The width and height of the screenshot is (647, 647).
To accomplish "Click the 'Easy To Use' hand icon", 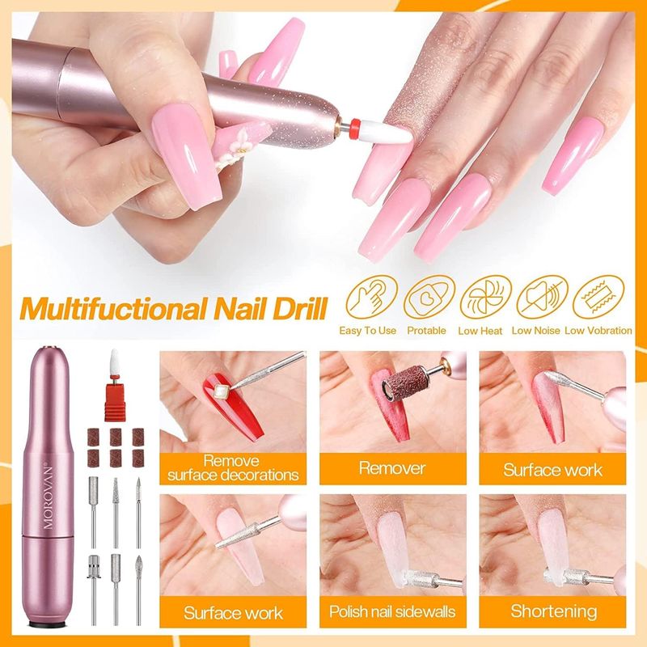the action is pyautogui.click(x=371, y=296).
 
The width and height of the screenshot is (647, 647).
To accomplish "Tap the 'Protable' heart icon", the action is pyautogui.click(x=429, y=296).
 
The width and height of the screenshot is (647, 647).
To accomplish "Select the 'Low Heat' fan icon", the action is pyautogui.click(x=485, y=296).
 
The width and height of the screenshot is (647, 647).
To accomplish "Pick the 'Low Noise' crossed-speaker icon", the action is pyautogui.click(x=542, y=296).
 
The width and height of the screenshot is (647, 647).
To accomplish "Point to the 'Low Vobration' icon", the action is pyautogui.click(x=598, y=296).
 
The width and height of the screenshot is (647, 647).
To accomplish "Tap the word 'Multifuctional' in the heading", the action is pyautogui.click(x=112, y=309).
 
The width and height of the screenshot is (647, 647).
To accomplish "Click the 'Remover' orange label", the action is pyautogui.click(x=392, y=468).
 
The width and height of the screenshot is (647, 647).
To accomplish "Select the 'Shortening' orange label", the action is pyautogui.click(x=552, y=611).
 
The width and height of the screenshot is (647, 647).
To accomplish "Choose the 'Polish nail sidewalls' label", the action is pyautogui.click(x=392, y=611).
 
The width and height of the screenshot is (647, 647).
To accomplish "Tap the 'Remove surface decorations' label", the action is pyautogui.click(x=233, y=468).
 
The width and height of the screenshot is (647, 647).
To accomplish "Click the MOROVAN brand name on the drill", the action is pyautogui.click(x=48, y=497).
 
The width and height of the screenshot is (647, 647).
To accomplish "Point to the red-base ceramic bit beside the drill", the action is pyautogui.click(x=115, y=385).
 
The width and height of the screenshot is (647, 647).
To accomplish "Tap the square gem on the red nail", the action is pyautogui.click(x=222, y=390).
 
